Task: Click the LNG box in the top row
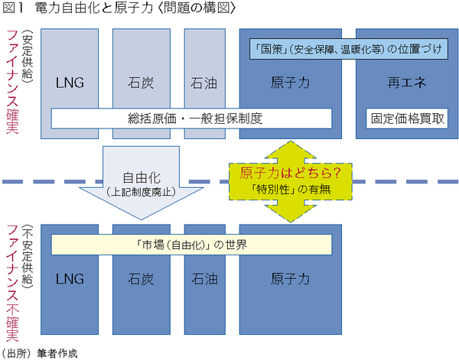pyautogui.click(x=70, y=81)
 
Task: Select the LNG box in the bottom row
pyautogui.click(x=70, y=280)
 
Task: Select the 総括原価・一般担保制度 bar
pyautogui.click(x=191, y=118)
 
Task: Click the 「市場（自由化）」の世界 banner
pyautogui.click(x=191, y=245)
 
